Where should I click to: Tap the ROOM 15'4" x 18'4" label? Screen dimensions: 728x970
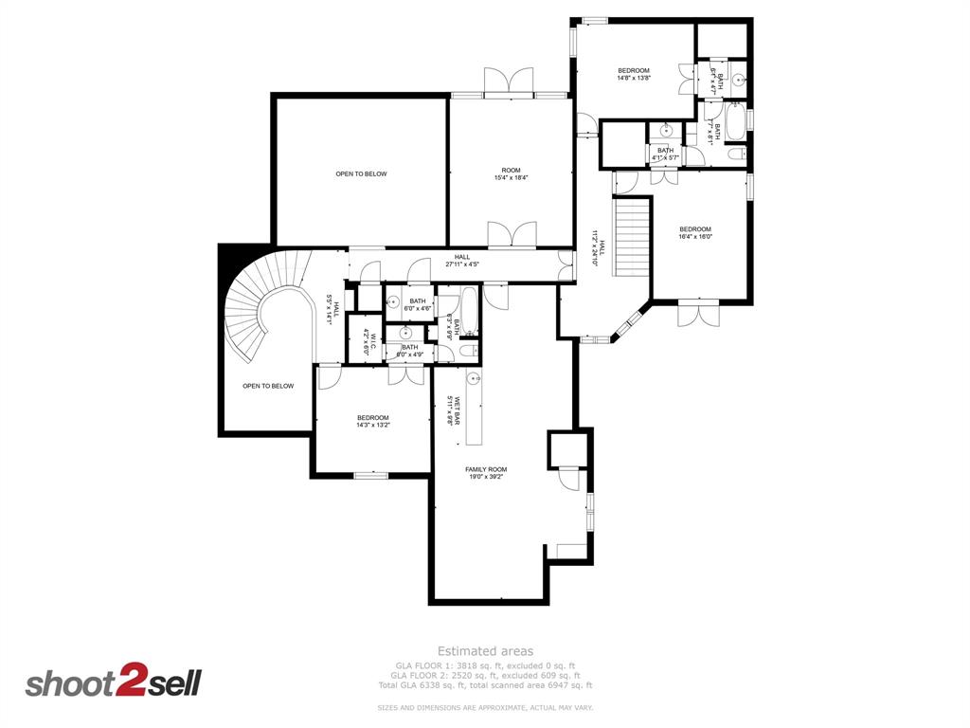coord(511,174)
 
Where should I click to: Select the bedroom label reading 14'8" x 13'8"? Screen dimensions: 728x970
coord(634,75)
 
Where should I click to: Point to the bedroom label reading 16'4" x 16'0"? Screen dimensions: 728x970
coord(694,233)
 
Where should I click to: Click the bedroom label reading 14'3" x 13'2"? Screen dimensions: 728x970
coord(372,422)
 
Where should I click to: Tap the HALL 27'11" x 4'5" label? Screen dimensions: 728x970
coord(462,261)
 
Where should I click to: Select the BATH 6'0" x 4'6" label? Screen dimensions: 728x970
coord(418,304)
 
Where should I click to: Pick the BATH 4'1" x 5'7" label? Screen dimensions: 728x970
coord(665,154)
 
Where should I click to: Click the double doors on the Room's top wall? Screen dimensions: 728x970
coord(510,82)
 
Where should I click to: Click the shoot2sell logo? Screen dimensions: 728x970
coord(113,682)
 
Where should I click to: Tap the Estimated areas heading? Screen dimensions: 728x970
coord(485,651)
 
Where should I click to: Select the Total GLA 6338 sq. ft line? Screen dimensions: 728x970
coord(485,684)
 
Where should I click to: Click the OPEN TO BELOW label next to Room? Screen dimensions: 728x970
coord(361,173)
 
